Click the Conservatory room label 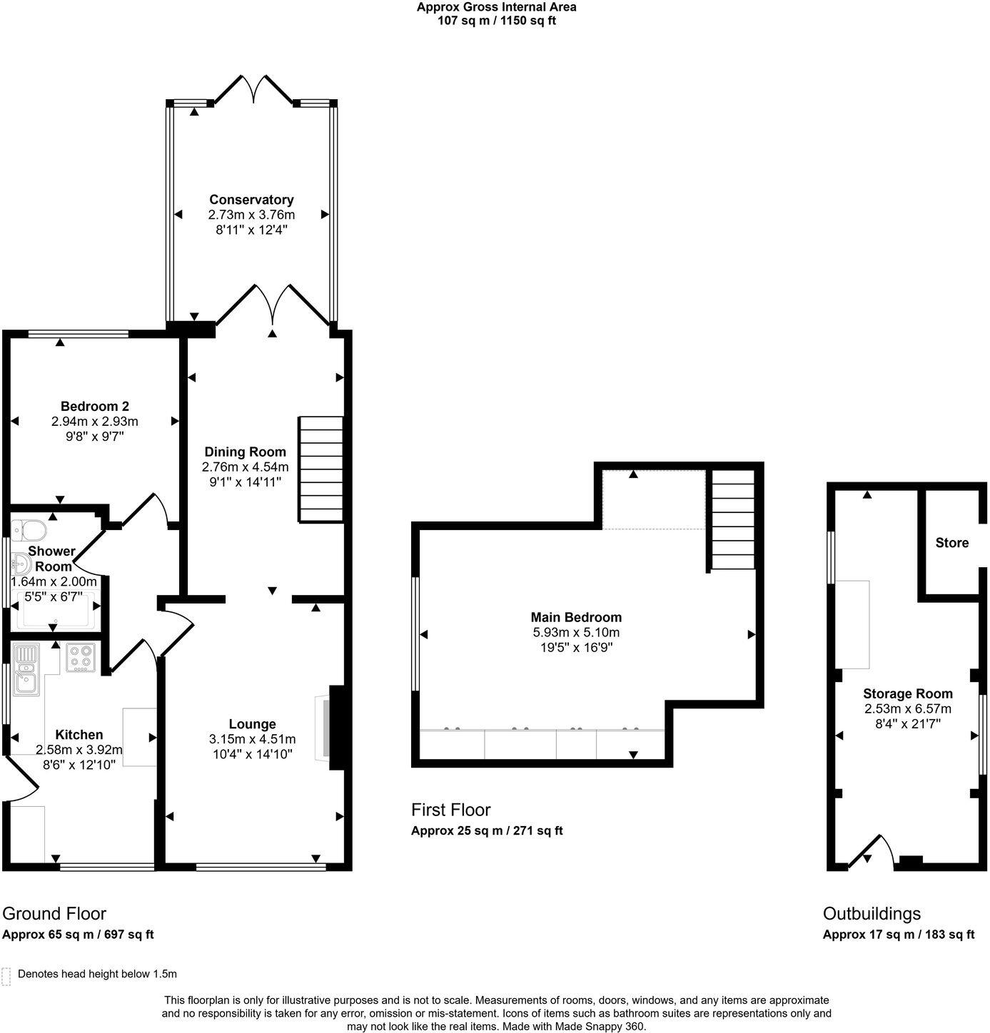pos(251,200)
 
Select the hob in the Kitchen pos(81,658)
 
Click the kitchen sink pos(27,671)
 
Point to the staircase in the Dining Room pos(321,469)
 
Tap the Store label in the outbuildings pos(951,543)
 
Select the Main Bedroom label pos(576,617)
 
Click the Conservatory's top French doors pos(254,89)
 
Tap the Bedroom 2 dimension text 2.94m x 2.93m pos(94,422)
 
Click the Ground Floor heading pos(54,914)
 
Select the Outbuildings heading pos(872,914)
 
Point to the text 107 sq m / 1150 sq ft pos(496,21)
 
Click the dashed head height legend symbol pos(7,976)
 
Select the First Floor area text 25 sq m pos(487,831)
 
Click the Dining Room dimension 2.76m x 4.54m pos(245,467)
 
